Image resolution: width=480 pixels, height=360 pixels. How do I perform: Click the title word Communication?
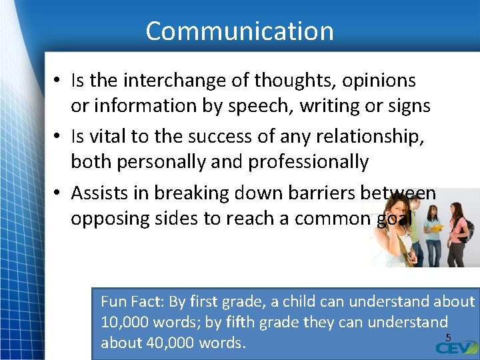click(239, 31)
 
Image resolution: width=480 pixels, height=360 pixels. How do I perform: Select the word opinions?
click(379, 81)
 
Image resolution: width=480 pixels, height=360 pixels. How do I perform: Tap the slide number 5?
click(448, 337)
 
